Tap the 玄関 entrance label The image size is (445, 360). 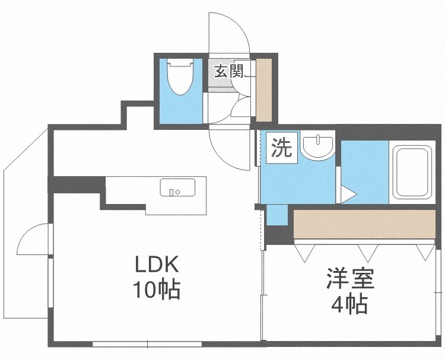point(229,71)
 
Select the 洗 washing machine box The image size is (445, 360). point(281,148)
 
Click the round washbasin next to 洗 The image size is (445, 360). point(317,148)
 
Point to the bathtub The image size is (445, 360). point(412,172)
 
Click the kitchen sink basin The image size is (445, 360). point(177,187)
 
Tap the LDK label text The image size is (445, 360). point(157,264)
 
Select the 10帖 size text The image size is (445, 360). point(157,290)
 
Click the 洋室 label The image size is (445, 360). point(350,278)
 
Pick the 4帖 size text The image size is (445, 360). point(350,304)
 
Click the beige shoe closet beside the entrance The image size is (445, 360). point(264,90)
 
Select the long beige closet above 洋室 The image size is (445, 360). point(364,224)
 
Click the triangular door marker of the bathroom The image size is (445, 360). point(348,195)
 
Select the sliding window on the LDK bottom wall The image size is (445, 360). point(147,344)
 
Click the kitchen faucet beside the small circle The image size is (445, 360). point(171,192)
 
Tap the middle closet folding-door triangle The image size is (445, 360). point(368,253)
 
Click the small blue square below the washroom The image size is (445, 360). point(277,215)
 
